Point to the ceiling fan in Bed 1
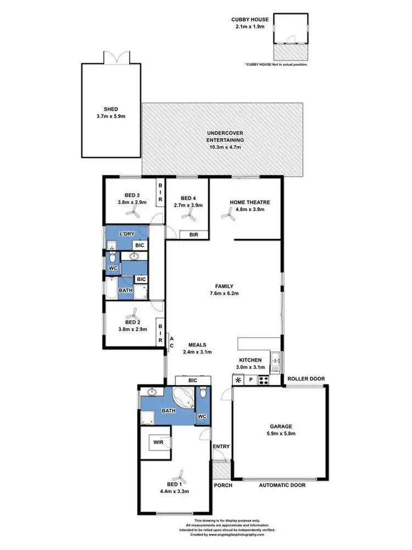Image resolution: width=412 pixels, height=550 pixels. (176, 474)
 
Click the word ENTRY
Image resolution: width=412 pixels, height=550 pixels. (221, 447)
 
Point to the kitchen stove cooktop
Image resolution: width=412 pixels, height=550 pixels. (264, 380)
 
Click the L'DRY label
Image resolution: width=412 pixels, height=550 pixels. (127, 234)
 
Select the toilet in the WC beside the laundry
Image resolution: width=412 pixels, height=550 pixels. (113, 257)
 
